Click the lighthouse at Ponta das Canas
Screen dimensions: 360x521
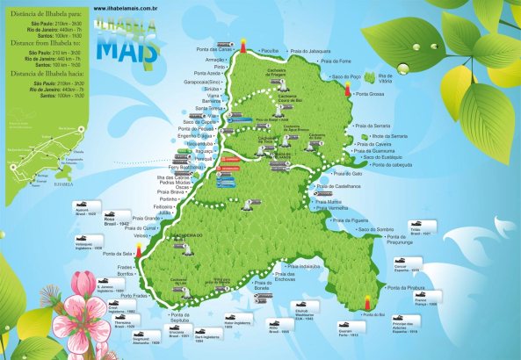coord(240,44)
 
